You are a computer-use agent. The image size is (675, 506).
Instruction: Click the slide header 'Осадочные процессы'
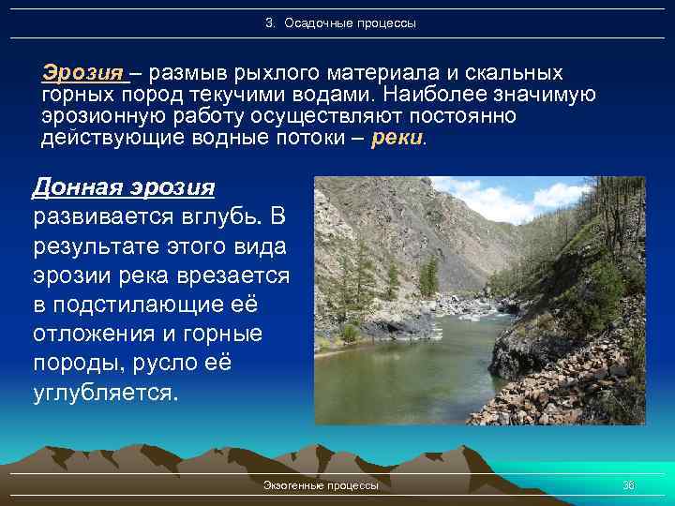[349, 22]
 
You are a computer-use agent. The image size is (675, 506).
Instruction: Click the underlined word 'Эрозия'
[82, 73]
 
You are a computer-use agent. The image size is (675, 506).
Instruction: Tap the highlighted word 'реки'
[398, 139]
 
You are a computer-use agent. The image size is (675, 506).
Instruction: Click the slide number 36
[628, 485]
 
